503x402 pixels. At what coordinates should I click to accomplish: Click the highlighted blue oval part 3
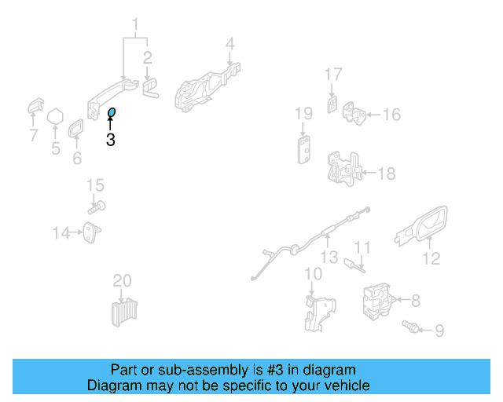112,115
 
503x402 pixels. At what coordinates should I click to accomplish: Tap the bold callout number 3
110,141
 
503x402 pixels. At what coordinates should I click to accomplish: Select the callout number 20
122,280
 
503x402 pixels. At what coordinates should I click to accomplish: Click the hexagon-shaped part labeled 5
55,118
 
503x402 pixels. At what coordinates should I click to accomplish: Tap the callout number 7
33,136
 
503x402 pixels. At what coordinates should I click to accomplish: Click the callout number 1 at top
134,24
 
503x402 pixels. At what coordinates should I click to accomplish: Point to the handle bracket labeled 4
206,86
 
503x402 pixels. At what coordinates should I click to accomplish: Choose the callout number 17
333,75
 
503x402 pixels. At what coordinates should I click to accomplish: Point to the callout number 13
329,257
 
